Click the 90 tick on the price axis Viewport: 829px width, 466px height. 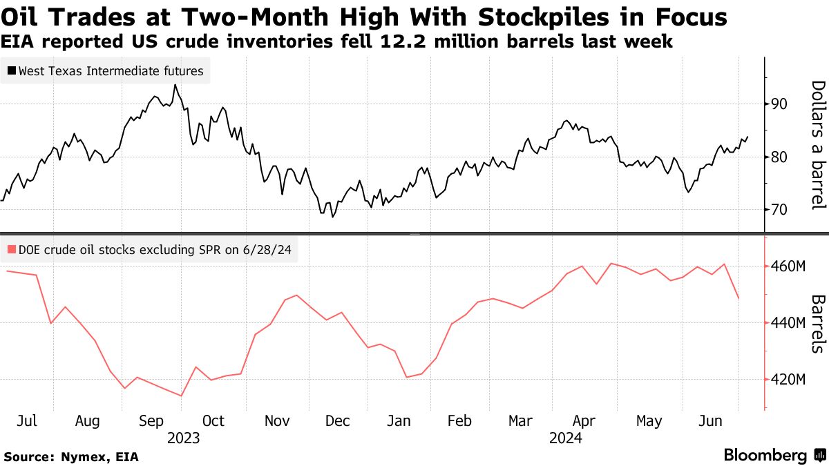[779, 104]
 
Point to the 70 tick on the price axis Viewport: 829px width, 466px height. [779, 209]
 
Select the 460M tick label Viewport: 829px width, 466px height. [786, 266]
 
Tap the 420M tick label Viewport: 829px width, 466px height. [786, 380]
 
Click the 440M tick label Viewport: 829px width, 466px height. [786, 323]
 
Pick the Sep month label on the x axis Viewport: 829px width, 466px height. [151, 421]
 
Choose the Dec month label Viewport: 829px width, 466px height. [339, 421]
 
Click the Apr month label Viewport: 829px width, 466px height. [585, 421]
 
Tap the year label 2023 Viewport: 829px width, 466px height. [183, 438]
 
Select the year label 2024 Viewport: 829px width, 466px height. [565, 438]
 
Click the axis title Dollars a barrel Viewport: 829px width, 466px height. [818, 144]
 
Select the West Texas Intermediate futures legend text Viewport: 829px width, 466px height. [111, 71]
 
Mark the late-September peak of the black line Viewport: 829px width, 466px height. [175, 85]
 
